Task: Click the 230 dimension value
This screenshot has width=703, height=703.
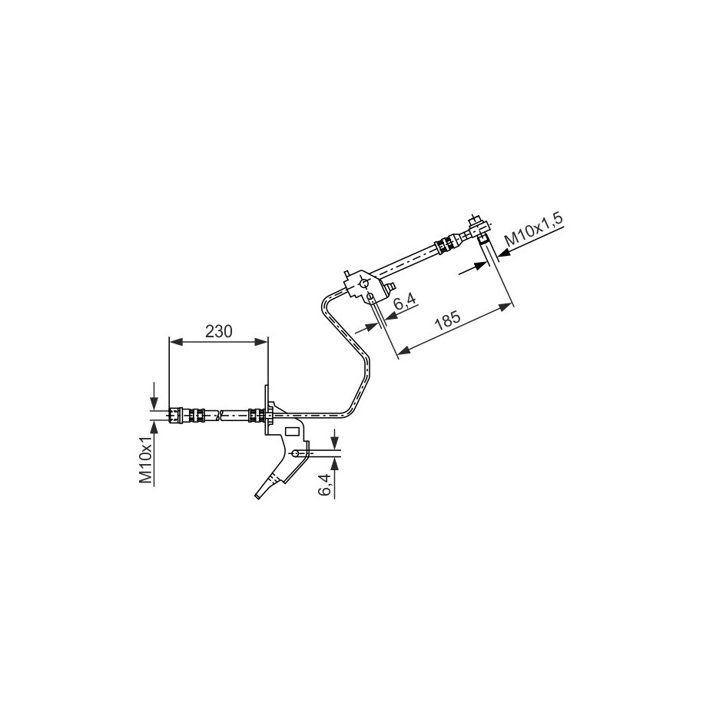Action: [219, 331]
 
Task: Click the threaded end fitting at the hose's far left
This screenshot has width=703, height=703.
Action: [178, 416]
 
